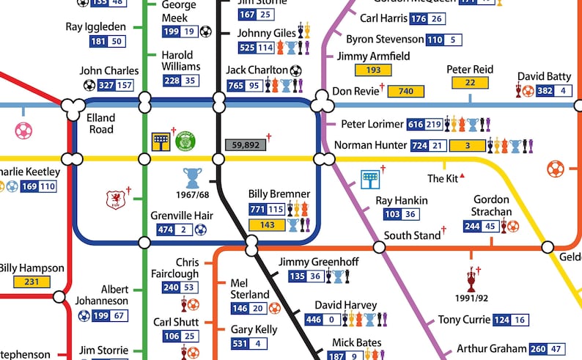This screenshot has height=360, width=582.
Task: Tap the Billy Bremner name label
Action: click(x=279, y=194)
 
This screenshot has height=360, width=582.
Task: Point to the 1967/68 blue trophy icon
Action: click(x=192, y=178)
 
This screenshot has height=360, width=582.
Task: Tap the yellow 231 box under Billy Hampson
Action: click(x=31, y=282)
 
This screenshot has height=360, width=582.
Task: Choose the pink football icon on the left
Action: click(x=23, y=131)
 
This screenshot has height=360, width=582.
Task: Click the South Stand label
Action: click(x=411, y=235)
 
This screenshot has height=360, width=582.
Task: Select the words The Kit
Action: click(x=442, y=178)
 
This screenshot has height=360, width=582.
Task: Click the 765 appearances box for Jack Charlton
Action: click(x=236, y=86)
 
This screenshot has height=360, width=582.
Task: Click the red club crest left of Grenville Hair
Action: click(x=114, y=199)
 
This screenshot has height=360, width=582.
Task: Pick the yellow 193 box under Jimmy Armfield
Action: click(x=373, y=70)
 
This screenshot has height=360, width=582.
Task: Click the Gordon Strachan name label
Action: click(x=490, y=205)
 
